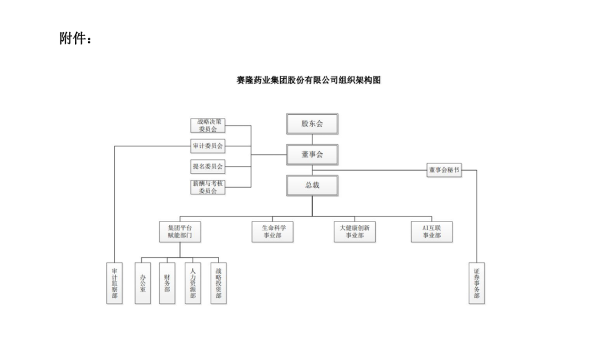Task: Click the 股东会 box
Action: click(x=312, y=124)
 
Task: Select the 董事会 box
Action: click(x=312, y=155)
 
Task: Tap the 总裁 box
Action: click(x=312, y=185)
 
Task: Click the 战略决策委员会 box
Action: click(x=208, y=125)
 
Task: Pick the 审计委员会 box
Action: click(x=208, y=146)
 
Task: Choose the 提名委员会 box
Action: click(x=208, y=167)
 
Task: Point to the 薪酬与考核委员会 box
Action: click(x=208, y=187)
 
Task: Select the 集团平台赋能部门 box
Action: click(x=180, y=232)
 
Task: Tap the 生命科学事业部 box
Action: click(x=273, y=232)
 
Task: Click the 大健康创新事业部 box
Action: click(x=354, y=232)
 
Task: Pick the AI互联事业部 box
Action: click(x=432, y=232)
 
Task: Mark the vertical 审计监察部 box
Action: click(x=115, y=283)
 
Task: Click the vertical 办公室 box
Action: click(x=143, y=283)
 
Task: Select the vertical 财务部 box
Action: click(x=167, y=283)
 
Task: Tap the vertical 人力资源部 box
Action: click(x=193, y=283)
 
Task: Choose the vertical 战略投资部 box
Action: click(x=219, y=283)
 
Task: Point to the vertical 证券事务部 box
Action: click(x=477, y=283)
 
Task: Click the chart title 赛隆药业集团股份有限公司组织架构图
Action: click(x=308, y=80)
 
